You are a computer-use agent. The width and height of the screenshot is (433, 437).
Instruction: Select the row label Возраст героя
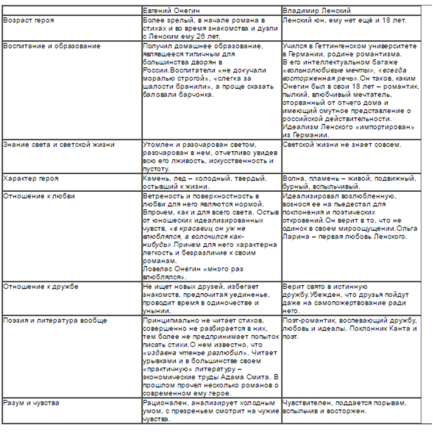coord(29,21)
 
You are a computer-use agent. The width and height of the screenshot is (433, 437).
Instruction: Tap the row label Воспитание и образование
coord(52,47)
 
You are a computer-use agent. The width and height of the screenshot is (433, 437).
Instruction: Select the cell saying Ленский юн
coord(343,21)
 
